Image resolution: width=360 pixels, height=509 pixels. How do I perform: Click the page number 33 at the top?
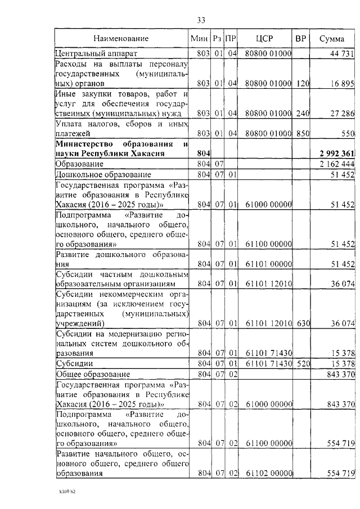(x=201, y=20)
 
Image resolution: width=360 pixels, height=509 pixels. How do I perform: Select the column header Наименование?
(x=121, y=39)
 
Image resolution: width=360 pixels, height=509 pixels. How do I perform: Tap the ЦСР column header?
(x=264, y=39)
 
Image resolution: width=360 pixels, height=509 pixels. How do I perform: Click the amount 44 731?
(x=341, y=53)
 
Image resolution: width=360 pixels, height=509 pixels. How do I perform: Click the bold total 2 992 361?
(x=336, y=154)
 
